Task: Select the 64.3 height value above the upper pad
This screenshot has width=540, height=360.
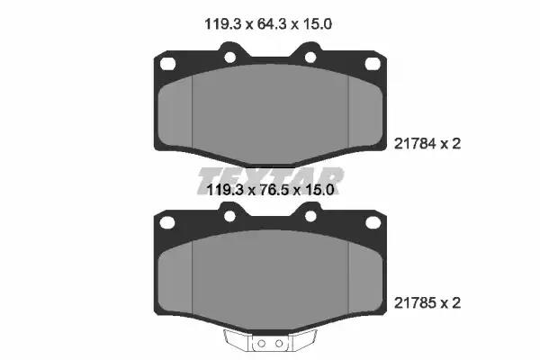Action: coord(271,24)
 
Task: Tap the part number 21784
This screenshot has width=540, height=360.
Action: coord(415,144)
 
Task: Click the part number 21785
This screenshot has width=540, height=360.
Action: coord(415,303)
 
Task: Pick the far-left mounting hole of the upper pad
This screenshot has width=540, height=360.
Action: coord(167,64)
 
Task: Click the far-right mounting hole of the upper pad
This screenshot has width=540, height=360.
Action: coord(373,64)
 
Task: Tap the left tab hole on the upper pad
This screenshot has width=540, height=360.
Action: coord(229,58)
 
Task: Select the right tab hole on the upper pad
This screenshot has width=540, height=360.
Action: coord(310,58)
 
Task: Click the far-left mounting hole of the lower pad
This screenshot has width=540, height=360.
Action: coord(167,223)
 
